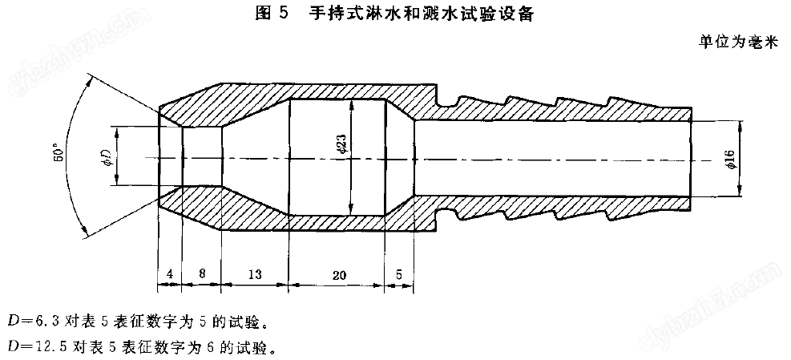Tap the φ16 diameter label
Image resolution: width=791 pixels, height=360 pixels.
pyautogui.click(x=732, y=159)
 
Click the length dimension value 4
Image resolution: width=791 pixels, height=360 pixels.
pyautogui.click(x=170, y=274)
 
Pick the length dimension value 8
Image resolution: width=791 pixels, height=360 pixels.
pyautogui.click(x=201, y=274)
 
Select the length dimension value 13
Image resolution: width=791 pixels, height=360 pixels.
pyautogui.click(x=255, y=274)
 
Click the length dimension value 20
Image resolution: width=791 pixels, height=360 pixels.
pyautogui.click(x=338, y=274)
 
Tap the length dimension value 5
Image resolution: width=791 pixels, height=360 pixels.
pyautogui.click(x=399, y=274)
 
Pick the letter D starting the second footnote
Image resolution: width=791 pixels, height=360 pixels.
pyautogui.click(x=13, y=348)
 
